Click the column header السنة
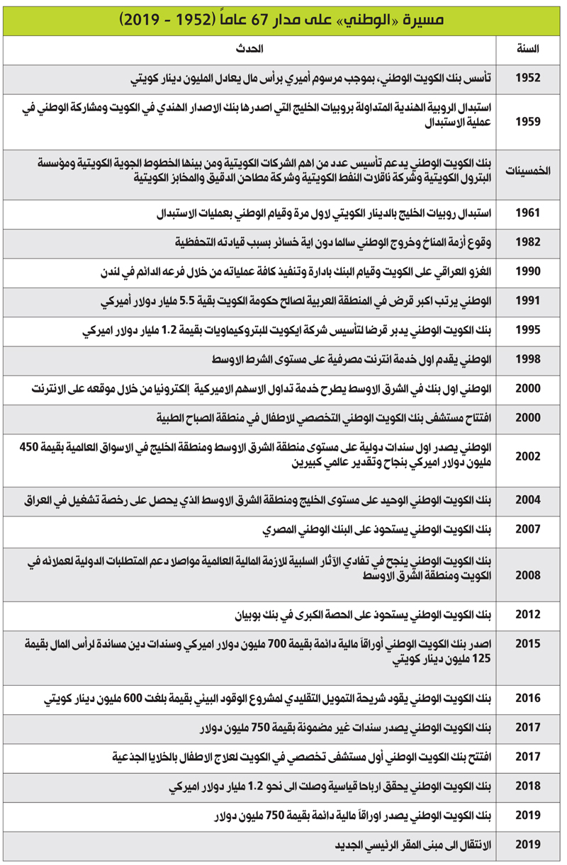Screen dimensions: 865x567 point(528,49)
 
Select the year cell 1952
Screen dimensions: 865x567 point(528,77)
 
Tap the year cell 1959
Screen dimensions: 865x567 point(528,122)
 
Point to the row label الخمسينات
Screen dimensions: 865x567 point(528,172)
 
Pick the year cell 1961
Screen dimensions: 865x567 point(528,213)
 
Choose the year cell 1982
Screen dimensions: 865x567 point(528,242)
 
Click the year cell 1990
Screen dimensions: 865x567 point(528,271)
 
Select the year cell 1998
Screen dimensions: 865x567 point(528,359)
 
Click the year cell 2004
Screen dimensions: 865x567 point(528,500)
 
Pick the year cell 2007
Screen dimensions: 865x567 point(528,529)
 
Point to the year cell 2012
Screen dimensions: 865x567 point(528,614)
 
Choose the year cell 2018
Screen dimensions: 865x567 point(528,786)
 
